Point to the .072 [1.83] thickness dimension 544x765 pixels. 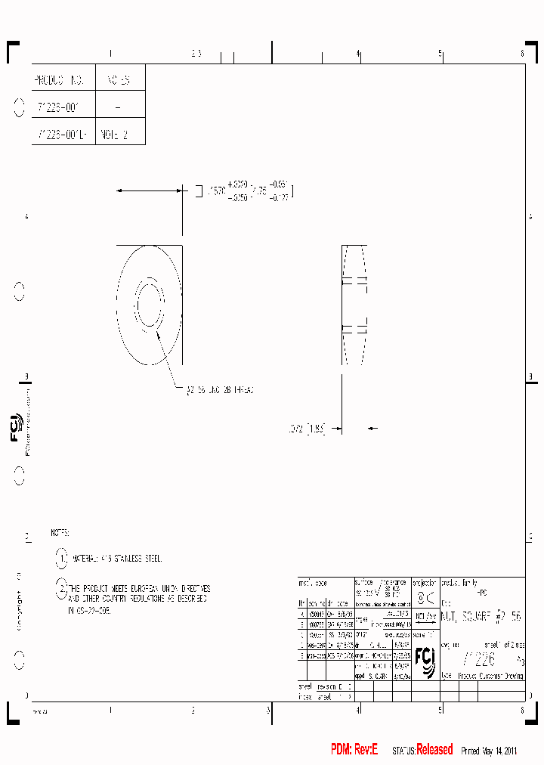click(307, 429)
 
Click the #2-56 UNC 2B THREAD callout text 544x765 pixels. click(220, 389)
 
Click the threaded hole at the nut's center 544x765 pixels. click(149, 305)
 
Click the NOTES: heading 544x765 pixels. click(60, 533)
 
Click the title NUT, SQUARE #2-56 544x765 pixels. click(481, 617)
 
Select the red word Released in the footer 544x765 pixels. click(434, 749)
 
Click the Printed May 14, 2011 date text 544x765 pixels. click(488, 751)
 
